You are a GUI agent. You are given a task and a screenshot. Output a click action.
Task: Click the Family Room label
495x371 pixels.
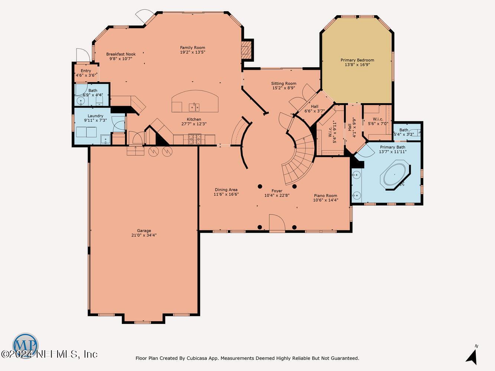click(192, 47)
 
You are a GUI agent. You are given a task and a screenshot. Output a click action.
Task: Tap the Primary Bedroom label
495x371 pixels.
click(357, 60)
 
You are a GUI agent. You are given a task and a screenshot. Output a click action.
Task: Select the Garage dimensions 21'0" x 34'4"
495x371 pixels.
click(144, 235)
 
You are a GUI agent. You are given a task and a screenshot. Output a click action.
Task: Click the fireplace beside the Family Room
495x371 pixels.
click(246, 50)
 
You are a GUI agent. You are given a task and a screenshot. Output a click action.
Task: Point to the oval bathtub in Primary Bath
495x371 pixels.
click(395, 175)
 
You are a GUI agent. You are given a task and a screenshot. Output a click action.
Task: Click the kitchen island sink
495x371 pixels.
click(194, 107)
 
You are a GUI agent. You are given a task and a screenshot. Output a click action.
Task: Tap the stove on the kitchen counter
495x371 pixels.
click(195, 139)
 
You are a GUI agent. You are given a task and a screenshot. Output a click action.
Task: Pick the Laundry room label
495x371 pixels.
click(95, 116)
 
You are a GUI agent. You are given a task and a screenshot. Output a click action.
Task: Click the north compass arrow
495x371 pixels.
click(472, 358)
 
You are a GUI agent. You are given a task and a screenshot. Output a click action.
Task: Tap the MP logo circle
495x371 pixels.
click(25, 345)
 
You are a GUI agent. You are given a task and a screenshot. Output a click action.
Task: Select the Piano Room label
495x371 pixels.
click(325, 196)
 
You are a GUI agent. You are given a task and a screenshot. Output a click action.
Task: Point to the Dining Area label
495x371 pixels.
click(226, 190)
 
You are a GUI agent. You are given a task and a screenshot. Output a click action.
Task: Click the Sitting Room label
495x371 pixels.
click(284, 83)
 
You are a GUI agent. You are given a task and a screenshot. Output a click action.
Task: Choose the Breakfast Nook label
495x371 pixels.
click(121, 54)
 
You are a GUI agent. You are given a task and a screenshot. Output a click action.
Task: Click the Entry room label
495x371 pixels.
click(86, 71)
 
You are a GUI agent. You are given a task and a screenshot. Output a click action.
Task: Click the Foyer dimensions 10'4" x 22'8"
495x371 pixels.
click(277, 195)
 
